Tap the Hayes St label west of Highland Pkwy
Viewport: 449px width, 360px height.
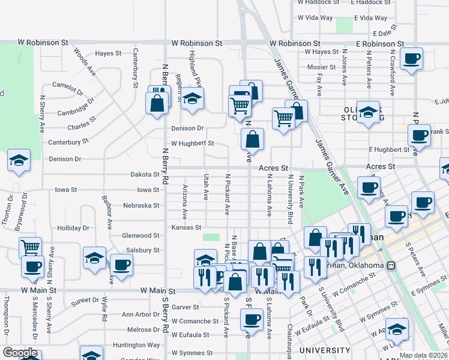109,53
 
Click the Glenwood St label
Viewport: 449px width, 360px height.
141,236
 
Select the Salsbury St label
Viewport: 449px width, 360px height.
143,250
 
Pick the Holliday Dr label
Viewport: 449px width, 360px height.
73,228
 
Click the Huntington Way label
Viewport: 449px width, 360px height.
137,345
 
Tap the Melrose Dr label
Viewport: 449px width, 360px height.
143,329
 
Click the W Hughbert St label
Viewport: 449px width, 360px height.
193,143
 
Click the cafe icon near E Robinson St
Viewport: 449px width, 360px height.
411,59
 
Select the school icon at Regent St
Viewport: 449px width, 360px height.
193,99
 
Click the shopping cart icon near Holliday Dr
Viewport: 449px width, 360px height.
30,247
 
